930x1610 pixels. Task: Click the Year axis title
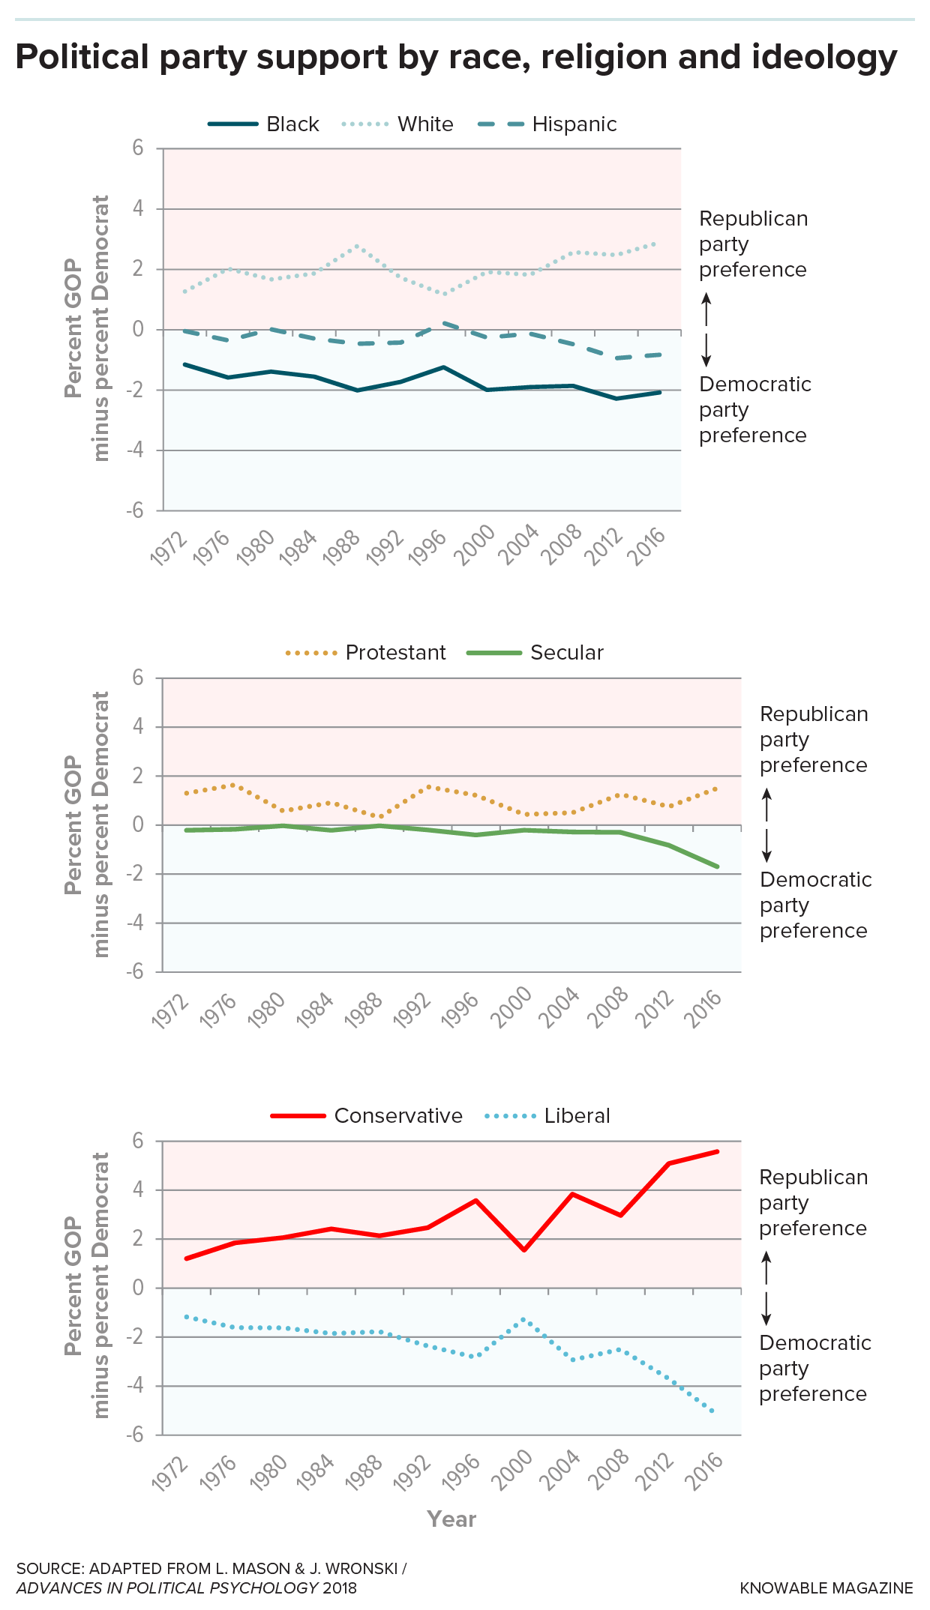coord(451,1519)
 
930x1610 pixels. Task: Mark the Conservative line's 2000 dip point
coord(523,1250)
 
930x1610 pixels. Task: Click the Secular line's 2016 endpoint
coord(718,866)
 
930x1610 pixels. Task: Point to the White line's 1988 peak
coord(357,245)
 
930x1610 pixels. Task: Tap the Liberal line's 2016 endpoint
coord(713,1413)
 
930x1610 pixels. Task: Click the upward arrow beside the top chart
coord(706,309)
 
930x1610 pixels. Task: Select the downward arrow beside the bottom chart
coord(766,1306)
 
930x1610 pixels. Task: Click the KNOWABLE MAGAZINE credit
coord(826,1588)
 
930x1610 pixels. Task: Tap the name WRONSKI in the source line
coord(362,1569)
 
